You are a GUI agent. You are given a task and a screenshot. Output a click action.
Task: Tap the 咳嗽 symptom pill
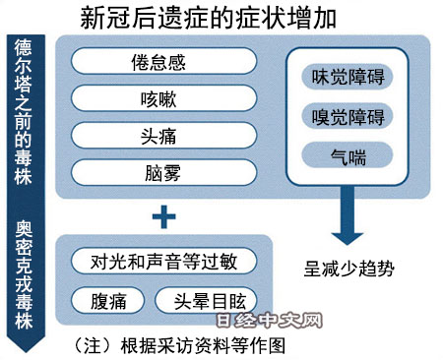pos(164,100)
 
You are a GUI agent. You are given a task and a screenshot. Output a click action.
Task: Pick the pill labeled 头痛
pos(164,137)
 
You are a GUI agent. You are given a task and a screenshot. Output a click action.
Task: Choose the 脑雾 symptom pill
pos(164,173)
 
